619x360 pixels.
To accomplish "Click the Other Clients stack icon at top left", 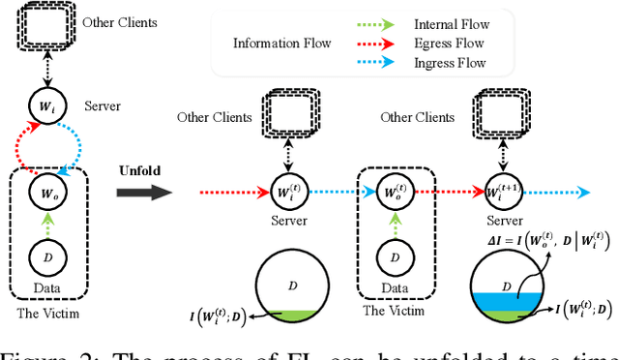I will (x=44, y=28).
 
